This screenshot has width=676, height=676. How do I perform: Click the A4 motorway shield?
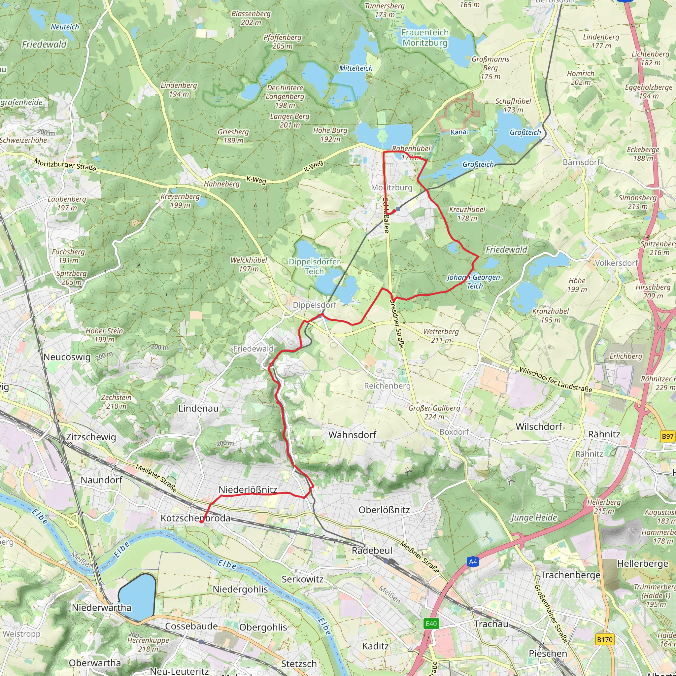tap(473, 561)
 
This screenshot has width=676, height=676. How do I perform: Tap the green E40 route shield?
tap(431, 624)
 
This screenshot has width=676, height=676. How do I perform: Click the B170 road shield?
tap(605, 640)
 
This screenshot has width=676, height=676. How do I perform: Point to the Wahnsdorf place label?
tap(352, 435)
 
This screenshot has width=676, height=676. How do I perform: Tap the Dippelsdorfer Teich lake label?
tap(314, 266)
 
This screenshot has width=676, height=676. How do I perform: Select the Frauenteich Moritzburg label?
tap(425, 37)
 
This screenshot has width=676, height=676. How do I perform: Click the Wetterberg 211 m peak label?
tap(441, 336)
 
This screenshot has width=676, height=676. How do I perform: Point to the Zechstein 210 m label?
tap(116, 402)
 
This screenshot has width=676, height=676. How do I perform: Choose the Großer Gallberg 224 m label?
tap(434, 412)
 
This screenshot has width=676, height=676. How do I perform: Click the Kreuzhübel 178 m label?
tap(467, 214)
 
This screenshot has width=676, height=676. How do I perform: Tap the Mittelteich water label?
tap(355, 68)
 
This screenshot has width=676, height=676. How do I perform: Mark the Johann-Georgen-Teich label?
tap(474, 281)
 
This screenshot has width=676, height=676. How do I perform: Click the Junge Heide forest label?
tap(534, 518)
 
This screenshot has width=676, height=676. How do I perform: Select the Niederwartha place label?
tap(101, 607)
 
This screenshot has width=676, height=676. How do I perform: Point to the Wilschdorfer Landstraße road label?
tap(555, 380)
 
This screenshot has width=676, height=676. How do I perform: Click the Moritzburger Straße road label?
tap(65, 164)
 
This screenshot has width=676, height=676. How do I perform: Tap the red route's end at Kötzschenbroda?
tap(202, 522)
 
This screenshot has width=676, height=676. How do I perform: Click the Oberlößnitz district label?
tap(384, 510)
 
